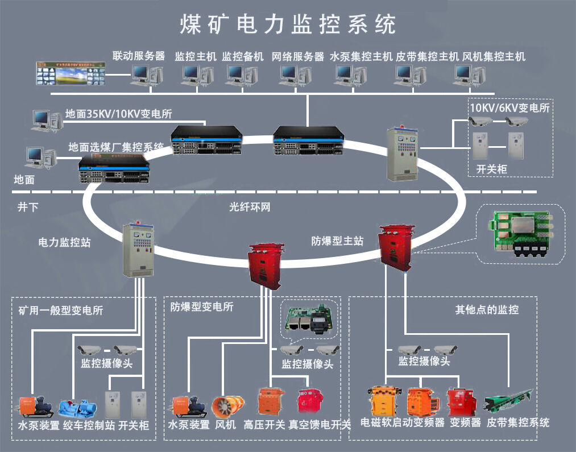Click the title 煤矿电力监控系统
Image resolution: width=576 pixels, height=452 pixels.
coord(287,23)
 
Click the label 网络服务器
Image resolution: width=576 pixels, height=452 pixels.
coord(297,56)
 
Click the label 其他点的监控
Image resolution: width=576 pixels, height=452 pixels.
coord(487,310)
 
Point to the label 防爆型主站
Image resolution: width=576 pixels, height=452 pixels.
coord(338,241)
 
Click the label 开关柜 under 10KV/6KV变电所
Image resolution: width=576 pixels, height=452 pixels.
coord(491,169)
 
